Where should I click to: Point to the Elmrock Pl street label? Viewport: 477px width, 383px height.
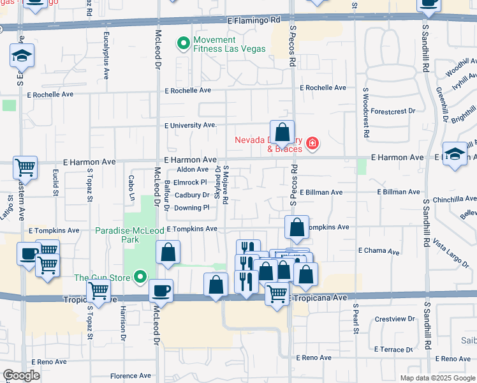tap(191, 182)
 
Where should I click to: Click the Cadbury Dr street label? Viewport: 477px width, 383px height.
tap(191, 195)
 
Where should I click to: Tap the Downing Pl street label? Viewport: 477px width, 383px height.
tap(191, 207)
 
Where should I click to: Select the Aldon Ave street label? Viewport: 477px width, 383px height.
tap(193, 169)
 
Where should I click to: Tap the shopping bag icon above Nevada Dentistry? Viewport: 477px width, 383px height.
tap(282, 132)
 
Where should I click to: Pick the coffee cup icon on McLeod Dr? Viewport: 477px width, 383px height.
tap(161, 290)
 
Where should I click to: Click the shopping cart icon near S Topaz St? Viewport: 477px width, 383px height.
tap(98, 290)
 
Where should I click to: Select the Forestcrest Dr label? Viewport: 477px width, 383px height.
tap(392, 111)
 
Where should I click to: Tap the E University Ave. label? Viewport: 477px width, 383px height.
tap(191, 125)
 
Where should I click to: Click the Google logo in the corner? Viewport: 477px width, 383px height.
tap(22, 375)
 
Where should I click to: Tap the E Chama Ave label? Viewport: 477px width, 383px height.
tap(379, 251)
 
